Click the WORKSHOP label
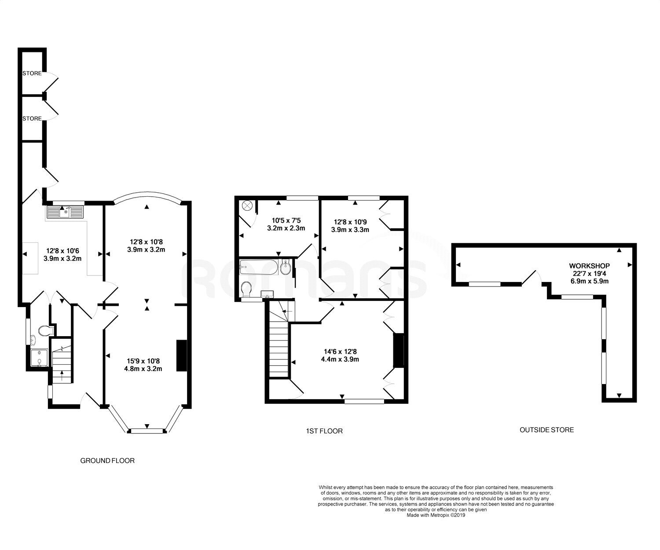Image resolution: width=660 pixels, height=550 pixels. click(589, 266)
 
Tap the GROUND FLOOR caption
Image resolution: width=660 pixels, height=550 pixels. click(107, 461)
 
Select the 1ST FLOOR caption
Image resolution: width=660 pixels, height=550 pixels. click(324, 431)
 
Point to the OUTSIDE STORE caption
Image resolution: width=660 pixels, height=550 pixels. click(547, 429)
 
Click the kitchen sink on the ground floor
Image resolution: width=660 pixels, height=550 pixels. click(65, 212)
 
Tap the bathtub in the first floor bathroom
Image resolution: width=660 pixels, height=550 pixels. click(259, 267)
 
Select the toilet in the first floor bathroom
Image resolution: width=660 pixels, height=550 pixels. click(246, 289)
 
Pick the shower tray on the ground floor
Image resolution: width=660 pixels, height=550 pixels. click(39, 358)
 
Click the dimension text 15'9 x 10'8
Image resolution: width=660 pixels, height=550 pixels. click(143, 361)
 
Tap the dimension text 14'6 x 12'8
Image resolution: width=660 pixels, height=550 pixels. click(340, 352)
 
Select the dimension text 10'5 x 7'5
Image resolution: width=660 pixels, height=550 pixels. click(286, 220)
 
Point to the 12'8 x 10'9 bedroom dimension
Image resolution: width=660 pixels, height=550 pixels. click(350, 222)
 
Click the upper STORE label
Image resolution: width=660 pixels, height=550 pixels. click(32, 73)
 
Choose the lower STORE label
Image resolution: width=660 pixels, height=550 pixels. click(32, 118)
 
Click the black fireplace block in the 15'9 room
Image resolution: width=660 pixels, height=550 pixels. click(182, 355)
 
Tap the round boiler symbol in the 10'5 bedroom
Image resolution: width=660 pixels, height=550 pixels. click(247, 206)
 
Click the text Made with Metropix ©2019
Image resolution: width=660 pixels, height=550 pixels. click(436, 515)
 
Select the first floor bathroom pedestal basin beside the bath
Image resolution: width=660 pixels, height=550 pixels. click(285, 267)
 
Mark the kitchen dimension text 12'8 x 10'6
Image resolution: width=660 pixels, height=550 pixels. click(62, 251)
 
